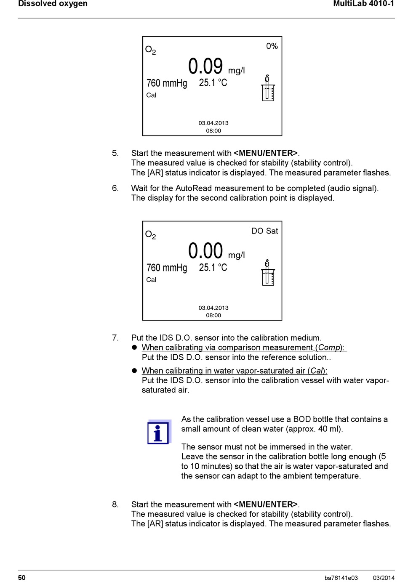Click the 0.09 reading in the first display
click(x=205, y=66)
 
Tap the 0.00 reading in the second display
click(x=205, y=251)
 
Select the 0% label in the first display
click(x=272, y=46)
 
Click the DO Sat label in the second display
click(x=264, y=231)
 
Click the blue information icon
click(x=158, y=433)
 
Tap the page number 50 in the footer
click(x=22, y=578)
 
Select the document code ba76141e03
click(x=341, y=578)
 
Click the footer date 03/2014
click(x=384, y=578)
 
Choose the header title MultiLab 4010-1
click(x=363, y=4)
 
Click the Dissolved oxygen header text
click(x=53, y=4)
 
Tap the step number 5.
click(x=115, y=153)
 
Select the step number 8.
click(x=115, y=504)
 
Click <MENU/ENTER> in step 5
click(x=266, y=153)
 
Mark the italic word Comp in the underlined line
click(x=329, y=348)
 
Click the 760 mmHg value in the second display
click(x=167, y=268)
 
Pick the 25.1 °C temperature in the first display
click(x=213, y=83)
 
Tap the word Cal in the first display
click(x=151, y=95)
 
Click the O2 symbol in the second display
click(x=150, y=235)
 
